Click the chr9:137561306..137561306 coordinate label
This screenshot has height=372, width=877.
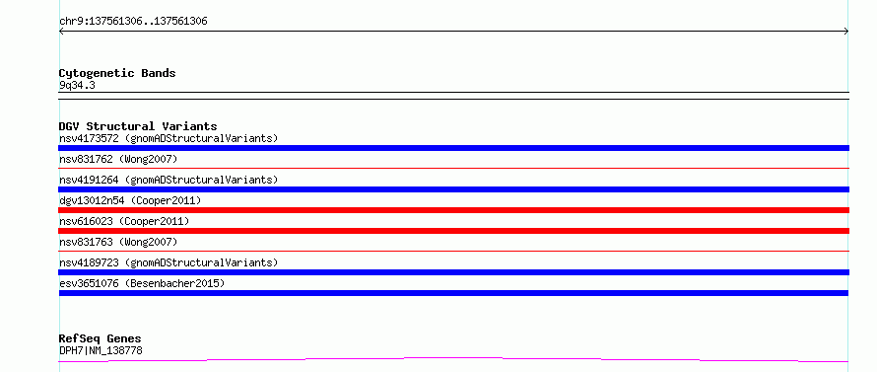pos(133,22)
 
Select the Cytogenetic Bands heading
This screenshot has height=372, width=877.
pos(117,73)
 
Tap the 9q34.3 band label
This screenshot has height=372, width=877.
pos(77,85)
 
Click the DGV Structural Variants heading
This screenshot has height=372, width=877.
pos(138,126)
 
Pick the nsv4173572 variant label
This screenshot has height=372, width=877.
pos(169,138)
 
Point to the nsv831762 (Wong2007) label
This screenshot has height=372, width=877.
pos(118,159)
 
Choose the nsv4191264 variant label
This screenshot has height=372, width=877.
pos(169,180)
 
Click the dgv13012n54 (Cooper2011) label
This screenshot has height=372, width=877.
pos(130,200)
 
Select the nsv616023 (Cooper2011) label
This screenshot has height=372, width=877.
pos(124,221)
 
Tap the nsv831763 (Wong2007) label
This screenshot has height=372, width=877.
pos(118,242)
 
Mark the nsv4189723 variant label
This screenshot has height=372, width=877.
pos(169,262)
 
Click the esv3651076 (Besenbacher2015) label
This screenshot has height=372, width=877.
pos(142,283)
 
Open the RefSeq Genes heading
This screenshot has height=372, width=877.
pos(101,338)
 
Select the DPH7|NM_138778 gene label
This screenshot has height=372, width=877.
pos(101,350)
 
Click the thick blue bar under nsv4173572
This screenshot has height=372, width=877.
pos(453,148)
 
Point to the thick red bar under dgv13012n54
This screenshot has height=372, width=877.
pos(453,210)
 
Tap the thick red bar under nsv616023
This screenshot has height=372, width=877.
pos(453,231)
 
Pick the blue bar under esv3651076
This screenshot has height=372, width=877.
pos(453,293)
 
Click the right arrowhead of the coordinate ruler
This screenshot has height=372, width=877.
pos(847,32)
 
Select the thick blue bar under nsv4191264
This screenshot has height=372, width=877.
pos(453,189)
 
